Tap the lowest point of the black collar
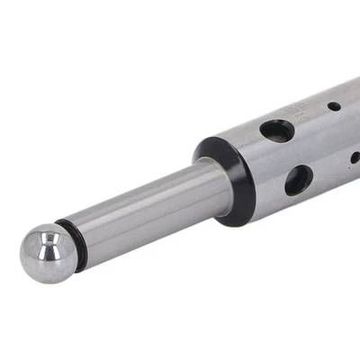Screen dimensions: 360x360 pos(236,222)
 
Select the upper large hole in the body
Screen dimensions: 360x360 pos(277,130)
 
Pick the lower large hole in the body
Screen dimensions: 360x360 pos(299,179)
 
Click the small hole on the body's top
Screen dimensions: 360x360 pos(334,105)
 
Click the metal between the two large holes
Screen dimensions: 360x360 pos(288,155)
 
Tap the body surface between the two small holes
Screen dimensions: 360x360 pos(345,131)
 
